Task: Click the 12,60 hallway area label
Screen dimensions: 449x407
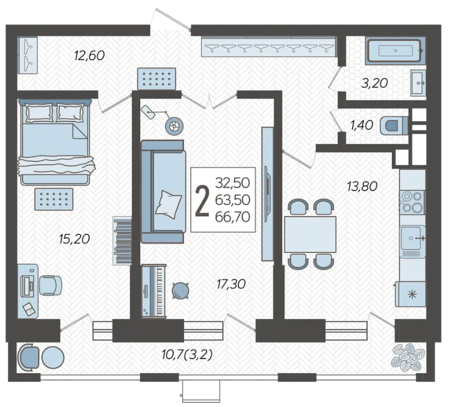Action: pyautogui.click(x=89, y=56)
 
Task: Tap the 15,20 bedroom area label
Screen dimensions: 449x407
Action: pyautogui.click(x=74, y=239)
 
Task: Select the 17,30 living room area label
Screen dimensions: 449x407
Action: pyautogui.click(x=231, y=284)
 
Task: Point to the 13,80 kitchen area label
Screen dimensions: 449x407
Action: pyautogui.click(x=362, y=186)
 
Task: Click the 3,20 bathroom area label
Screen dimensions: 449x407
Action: pyautogui.click(x=375, y=83)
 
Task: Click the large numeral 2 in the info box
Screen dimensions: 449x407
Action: pyautogui.click(x=202, y=200)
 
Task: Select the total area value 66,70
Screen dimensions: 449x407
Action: pyautogui.click(x=233, y=217)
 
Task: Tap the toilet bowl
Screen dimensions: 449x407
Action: pyautogui.click(x=394, y=126)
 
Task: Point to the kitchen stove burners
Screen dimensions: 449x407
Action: pyautogui.click(x=413, y=202)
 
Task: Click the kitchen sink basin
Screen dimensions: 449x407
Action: pyautogui.click(x=411, y=238)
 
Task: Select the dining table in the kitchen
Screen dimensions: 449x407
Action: pyautogui.click(x=310, y=234)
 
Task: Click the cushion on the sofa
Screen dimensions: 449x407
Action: pyautogui.click(x=168, y=204)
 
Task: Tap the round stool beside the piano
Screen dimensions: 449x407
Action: pyautogui.click(x=181, y=291)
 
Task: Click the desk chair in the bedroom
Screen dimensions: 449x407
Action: pyautogui.click(x=50, y=285)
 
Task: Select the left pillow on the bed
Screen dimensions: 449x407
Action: pyautogui.click(x=39, y=113)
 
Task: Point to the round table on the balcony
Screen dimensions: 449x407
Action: pyautogui.click(x=53, y=358)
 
